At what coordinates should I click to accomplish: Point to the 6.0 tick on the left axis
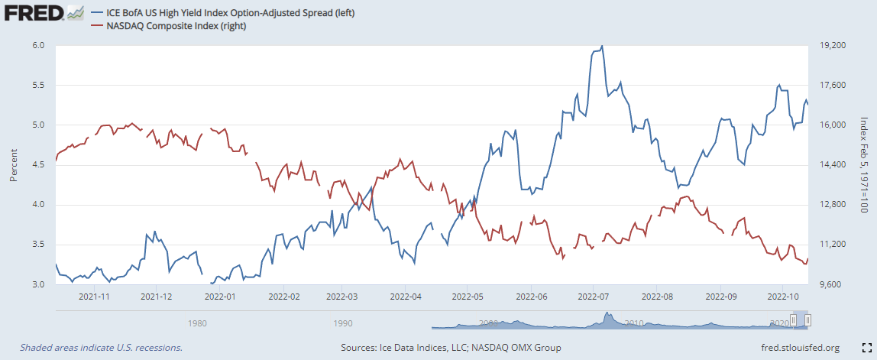tap(38, 46)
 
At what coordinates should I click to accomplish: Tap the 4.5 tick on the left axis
tap(38, 165)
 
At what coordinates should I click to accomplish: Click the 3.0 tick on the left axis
tap(38, 284)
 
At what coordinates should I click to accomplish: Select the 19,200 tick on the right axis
tap(832, 46)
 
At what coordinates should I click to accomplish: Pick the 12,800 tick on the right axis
tap(832, 205)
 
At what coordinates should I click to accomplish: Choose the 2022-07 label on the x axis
tap(594, 296)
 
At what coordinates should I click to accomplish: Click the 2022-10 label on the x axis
tap(782, 296)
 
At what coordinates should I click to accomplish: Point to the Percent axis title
tap(14, 165)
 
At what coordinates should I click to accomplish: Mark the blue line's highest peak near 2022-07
tap(602, 47)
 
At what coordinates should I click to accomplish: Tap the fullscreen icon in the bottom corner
tap(864, 347)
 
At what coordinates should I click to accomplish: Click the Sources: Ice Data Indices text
tap(451, 348)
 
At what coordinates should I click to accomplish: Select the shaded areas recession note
tap(101, 348)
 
